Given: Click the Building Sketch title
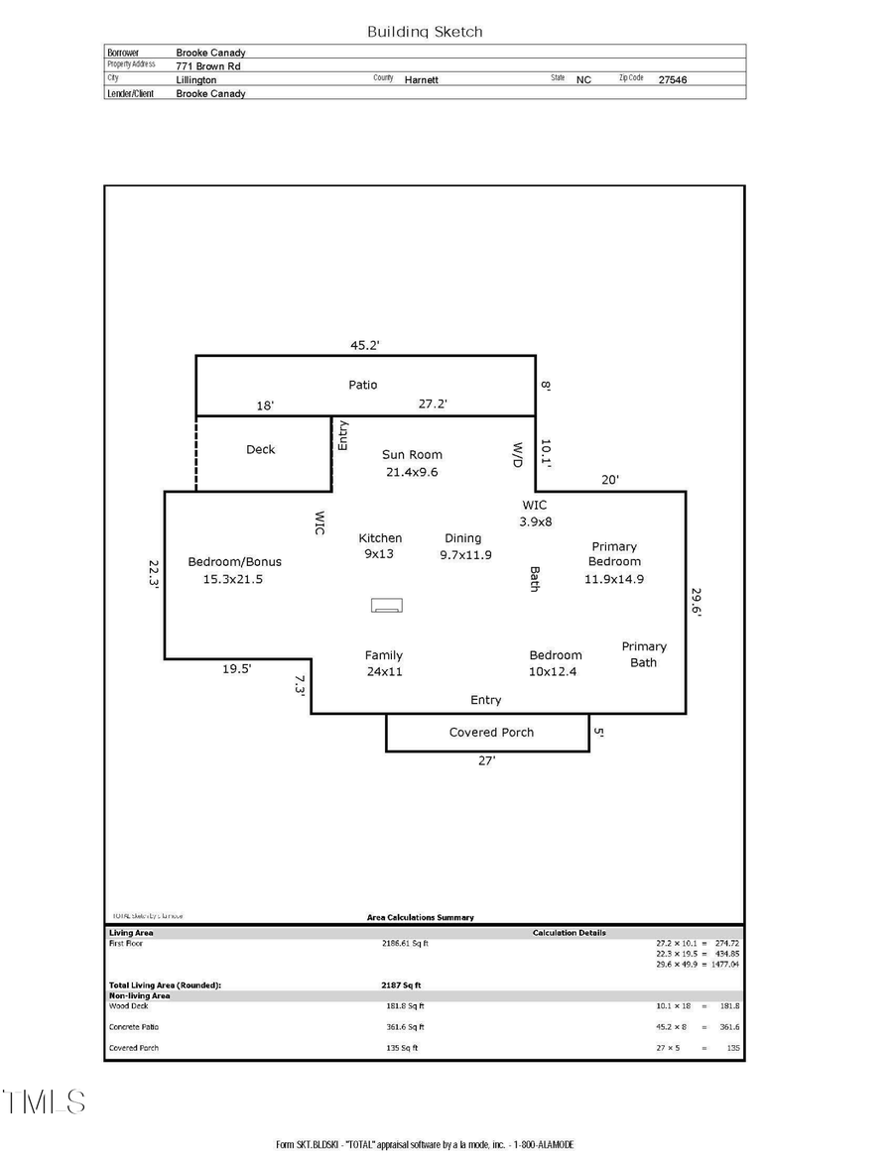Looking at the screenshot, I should pyautogui.click(x=425, y=32).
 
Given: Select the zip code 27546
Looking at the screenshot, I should pyautogui.click(x=672, y=80).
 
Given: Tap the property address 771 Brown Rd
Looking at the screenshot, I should pyautogui.click(x=208, y=66).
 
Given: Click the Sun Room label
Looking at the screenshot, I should pyautogui.click(x=412, y=455).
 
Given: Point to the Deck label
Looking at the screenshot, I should pyautogui.click(x=261, y=450).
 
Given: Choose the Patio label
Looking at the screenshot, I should pyautogui.click(x=362, y=385).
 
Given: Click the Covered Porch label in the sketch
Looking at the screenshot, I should pyautogui.click(x=491, y=733).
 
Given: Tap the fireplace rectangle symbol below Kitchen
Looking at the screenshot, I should pyautogui.click(x=387, y=606).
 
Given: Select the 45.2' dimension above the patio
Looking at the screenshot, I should pyautogui.click(x=365, y=346).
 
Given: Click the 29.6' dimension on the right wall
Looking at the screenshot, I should pyautogui.click(x=697, y=603).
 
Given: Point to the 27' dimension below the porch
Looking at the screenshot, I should pyautogui.click(x=486, y=761).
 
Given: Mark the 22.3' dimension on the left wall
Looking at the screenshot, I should pyautogui.click(x=154, y=576).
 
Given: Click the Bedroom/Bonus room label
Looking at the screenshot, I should pyautogui.click(x=234, y=562).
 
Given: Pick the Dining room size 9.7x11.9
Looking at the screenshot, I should pyautogui.click(x=465, y=555).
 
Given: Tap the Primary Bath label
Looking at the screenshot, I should pyautogui.click(x=643, y=654).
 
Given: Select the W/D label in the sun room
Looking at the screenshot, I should pyautogui.click(x=517, y=455).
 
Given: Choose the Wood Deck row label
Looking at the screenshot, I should pyautogui.click(x=128, y=1006).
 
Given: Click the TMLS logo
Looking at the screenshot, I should pyautogui.click(x=44, y=1101).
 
